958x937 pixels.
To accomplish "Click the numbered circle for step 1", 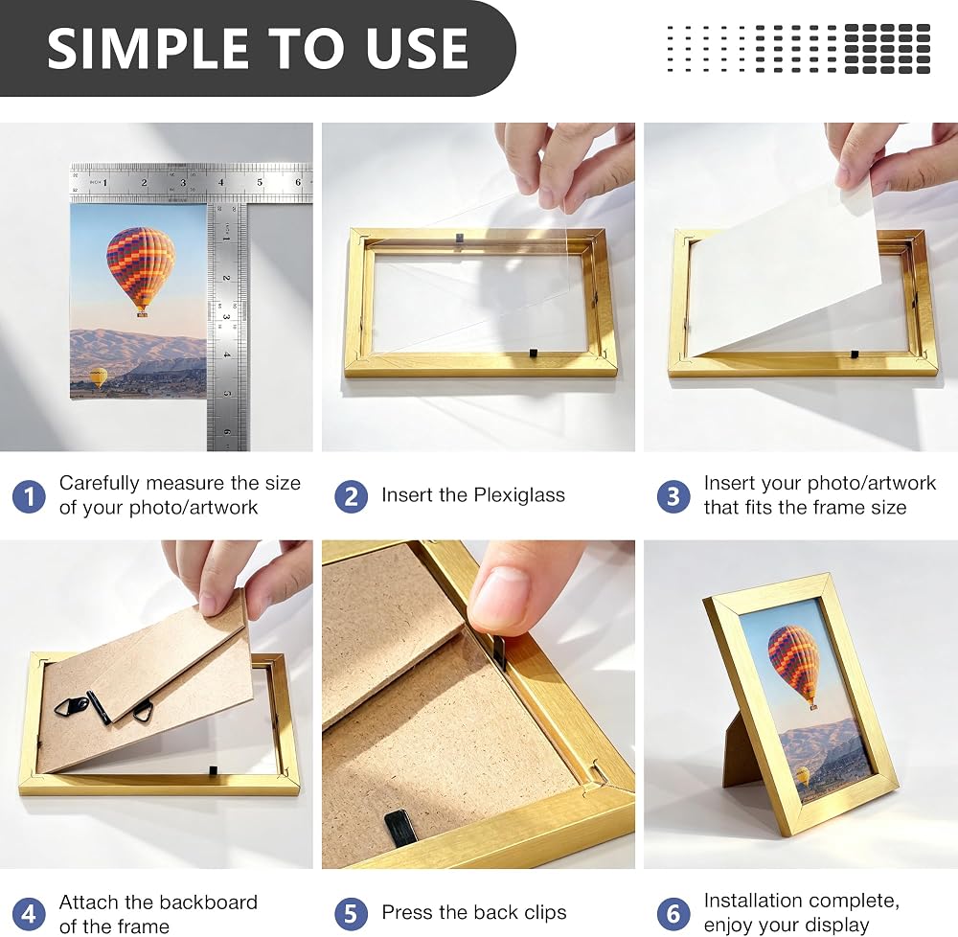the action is tap(29, 496).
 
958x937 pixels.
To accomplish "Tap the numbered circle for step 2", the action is tap(351, 496).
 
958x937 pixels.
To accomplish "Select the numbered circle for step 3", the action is tap(673, 496).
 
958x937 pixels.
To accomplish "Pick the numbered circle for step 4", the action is tap(29, 914).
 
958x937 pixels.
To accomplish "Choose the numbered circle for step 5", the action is tap(351, 914).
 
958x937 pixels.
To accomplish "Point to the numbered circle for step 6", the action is tap(673, 914).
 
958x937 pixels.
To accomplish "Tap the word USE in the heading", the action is tap(418, 48).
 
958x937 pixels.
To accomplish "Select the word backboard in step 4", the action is tap(208, 903).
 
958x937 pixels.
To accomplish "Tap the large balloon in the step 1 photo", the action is tap(141, 271).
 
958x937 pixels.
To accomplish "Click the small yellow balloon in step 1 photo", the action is tap(99, 377).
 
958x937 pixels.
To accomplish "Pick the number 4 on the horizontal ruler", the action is tap(221, 182).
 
